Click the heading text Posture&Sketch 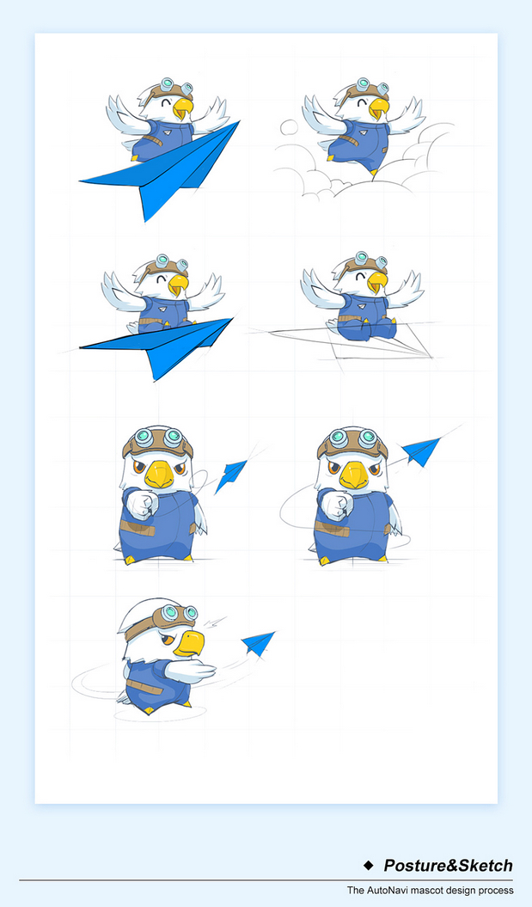448,866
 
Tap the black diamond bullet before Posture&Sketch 369,866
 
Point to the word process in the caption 497,891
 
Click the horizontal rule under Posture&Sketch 266,880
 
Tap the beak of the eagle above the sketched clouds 379,108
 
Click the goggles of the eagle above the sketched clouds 371,86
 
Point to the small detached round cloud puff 289,126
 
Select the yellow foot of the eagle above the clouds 374,172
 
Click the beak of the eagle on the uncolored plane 377,282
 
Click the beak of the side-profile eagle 188,643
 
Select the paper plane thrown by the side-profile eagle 257,642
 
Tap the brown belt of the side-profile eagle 144,688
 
